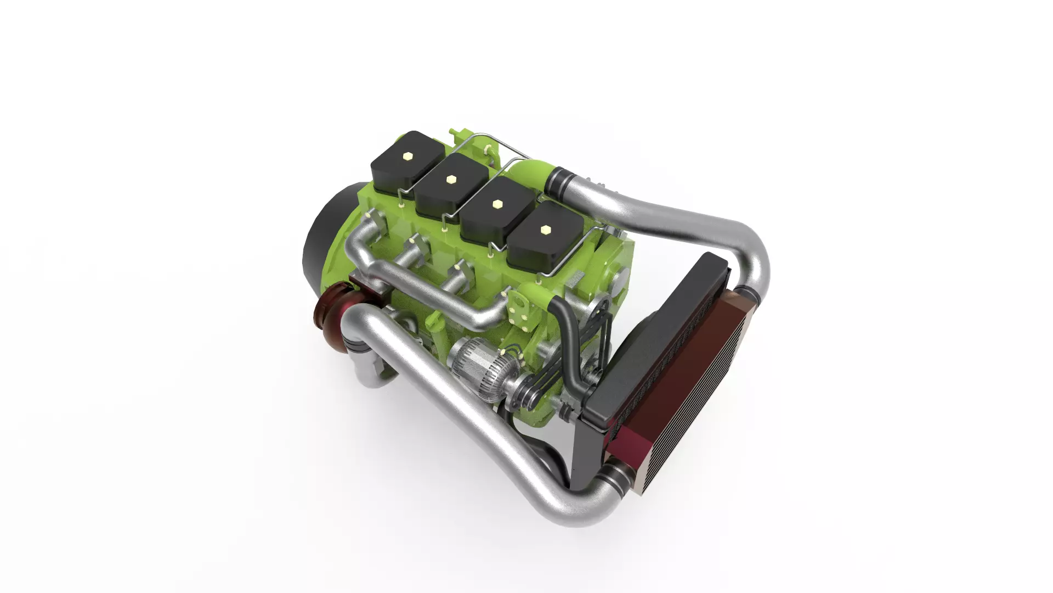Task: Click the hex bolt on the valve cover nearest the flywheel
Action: point(407,156)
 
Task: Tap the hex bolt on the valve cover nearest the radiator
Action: point(545,230)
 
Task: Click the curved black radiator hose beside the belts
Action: point(570,340)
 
